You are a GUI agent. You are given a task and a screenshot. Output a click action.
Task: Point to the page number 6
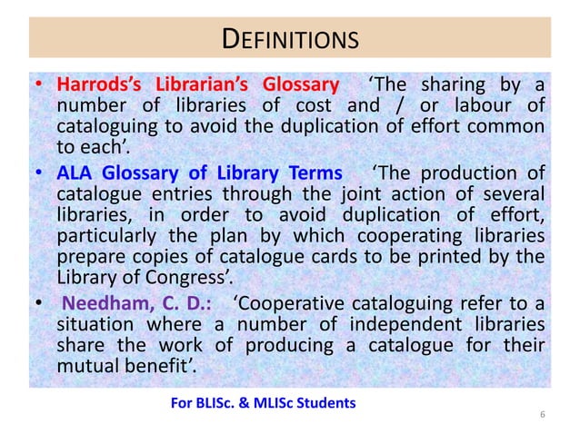coord(542,415)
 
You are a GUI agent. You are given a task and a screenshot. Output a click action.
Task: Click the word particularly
coord(105,237)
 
